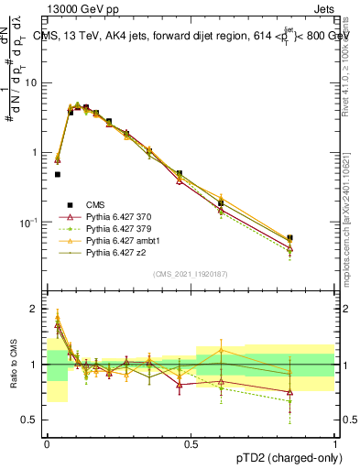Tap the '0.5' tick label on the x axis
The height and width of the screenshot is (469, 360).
tap(191, 443)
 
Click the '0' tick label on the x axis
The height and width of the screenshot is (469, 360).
tap(47, 443)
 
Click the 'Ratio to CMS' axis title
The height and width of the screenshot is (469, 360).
tap(12, 365)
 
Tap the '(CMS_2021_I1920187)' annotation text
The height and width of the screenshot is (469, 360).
tap(191, 274)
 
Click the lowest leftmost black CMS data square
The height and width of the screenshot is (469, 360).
tap(58, 174)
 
